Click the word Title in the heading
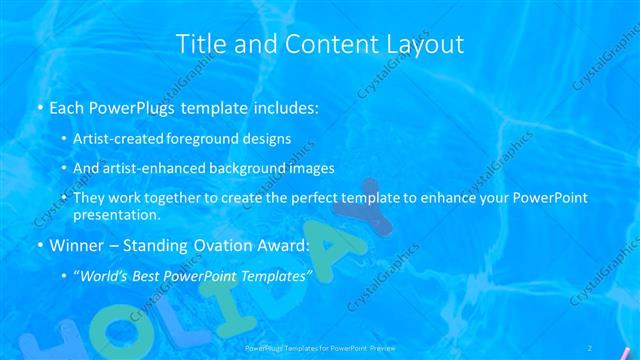[198, 44]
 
